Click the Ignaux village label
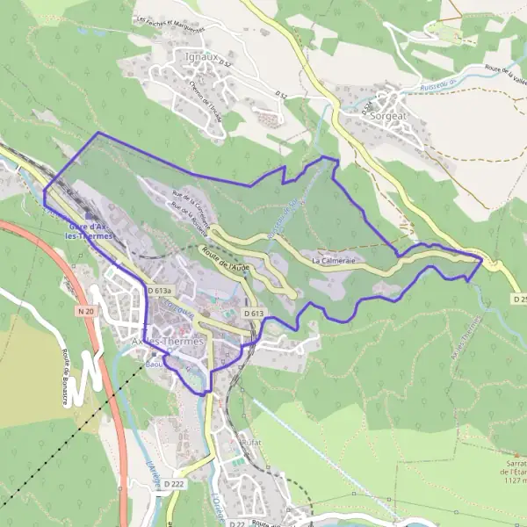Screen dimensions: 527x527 [x=202, y=57]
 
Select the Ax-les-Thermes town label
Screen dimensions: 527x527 [x=166, y=340]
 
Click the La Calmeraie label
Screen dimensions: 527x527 [x=331, y=260]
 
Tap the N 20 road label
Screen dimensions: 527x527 [x=85, y=312]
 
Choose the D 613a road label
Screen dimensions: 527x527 [x=162, y=291]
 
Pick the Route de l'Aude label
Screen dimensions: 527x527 [x=226, y=258]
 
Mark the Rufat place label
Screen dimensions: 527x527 [x=250, y=444]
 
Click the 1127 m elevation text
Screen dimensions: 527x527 [x=515, y=480]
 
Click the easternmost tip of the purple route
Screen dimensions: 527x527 [x=483, y=259]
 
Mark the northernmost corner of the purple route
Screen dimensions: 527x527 [x=97, y=133]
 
